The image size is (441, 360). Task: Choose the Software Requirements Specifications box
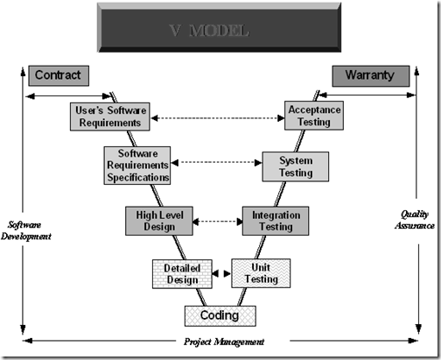pyautogui.click(x=136, y=165)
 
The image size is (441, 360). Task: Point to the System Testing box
pyautogui.click(x=295, y=166)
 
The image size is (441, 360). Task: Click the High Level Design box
pyautogui.click(x=158, y=220)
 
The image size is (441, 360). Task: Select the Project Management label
pyautogui.click(x=224, y=342)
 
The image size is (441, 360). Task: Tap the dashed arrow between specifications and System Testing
pyautogui.click(x=217, y=162)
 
